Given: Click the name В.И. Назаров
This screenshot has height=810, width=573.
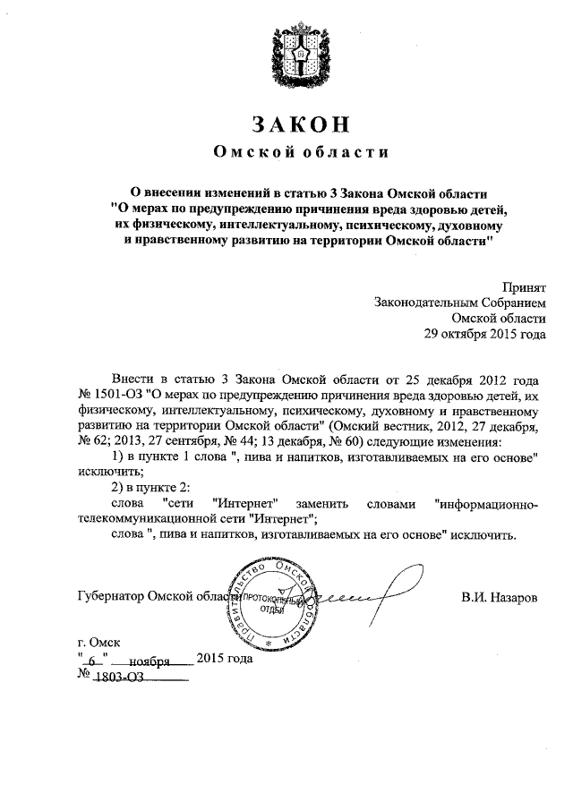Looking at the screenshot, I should [x=500, y=597].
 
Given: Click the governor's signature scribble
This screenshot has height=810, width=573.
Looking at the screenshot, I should [x=358, y=595].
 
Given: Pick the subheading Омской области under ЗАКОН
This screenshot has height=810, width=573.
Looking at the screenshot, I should [x=286, y=154].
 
